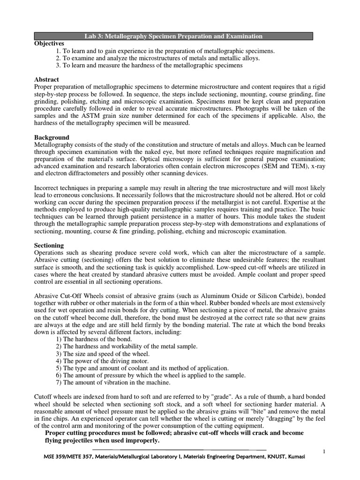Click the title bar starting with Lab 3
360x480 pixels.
click(173, 36)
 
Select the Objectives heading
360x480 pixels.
click(49, 43)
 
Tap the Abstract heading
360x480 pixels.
click(47, 80)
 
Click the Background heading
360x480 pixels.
click(52, 138)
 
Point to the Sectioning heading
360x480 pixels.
click(50, 245)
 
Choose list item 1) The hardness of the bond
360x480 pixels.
click(94, 339)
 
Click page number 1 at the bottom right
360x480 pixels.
click(324, 451)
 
